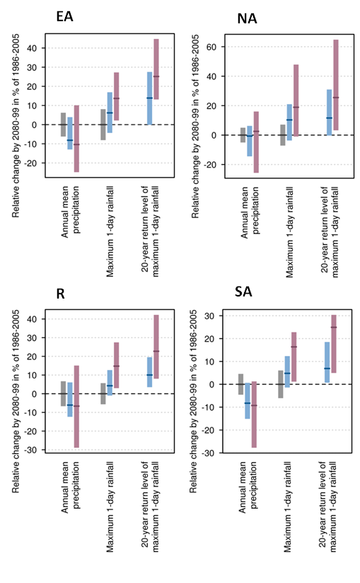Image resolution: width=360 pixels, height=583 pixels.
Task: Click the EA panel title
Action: click(64, 16)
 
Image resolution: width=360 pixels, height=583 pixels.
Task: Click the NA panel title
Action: click(247, 18)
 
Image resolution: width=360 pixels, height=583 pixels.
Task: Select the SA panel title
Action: click(243, 291)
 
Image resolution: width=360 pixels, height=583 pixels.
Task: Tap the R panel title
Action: click(60, 294)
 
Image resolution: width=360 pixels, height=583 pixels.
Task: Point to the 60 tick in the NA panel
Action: click(211, 47)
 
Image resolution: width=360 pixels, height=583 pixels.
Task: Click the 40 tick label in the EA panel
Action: click(32, 48)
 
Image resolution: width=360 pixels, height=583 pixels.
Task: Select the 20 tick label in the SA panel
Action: click(209, 339)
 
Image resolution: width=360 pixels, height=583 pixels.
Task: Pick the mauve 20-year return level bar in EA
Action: click(156, 69)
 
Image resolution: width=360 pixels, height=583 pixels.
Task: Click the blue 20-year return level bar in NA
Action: click(329, 112)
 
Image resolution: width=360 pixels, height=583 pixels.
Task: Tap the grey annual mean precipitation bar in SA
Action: click(240, 384)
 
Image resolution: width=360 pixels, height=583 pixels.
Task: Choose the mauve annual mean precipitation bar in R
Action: click(76, 406)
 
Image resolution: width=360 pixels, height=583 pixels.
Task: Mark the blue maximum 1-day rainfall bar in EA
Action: click(110, 112)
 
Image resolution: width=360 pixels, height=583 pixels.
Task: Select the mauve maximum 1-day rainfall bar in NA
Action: click(296, 100)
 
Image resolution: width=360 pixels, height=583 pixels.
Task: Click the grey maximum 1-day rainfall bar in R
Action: click(103, 393)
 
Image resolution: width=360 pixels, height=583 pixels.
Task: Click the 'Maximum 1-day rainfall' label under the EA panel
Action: click(110, 231)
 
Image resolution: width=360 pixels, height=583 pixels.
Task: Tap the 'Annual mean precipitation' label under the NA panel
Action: click(250, 212)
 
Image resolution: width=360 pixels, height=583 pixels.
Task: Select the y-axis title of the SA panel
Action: click(193, 401)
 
